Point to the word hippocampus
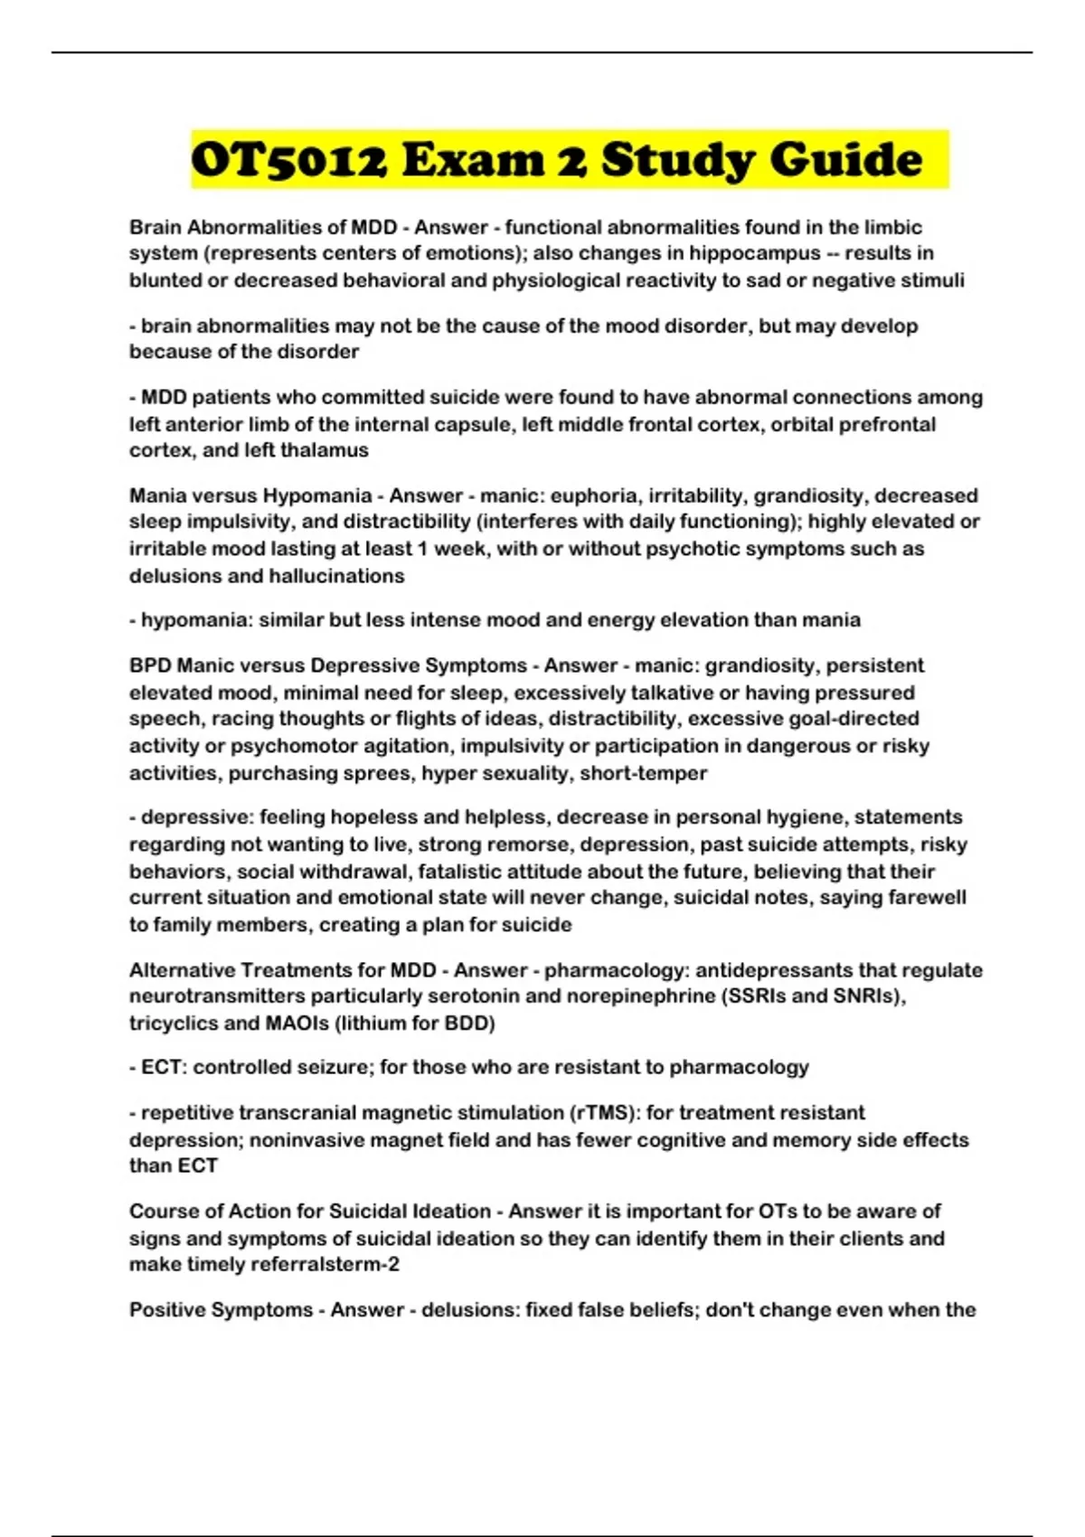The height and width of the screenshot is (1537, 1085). click(758, 253)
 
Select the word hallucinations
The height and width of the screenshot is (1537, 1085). click(336, 576)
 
